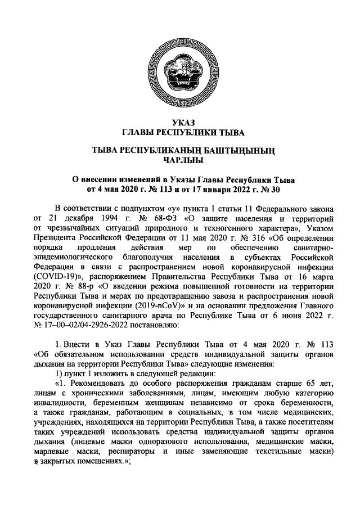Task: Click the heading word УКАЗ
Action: point(179,123)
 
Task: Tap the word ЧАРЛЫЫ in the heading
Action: point(179,162)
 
